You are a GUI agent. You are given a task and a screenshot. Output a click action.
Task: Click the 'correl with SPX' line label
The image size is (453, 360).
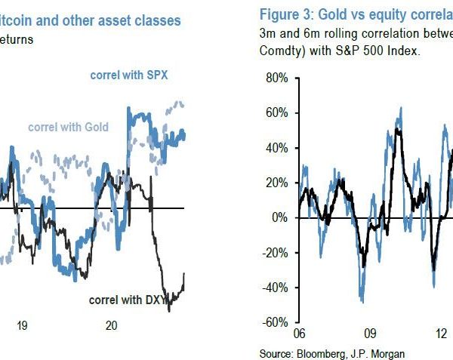pos(129,75)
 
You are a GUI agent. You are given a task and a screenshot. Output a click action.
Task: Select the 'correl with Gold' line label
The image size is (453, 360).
pos(68,127)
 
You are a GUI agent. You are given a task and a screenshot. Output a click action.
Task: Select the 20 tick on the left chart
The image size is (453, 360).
pos(111,325)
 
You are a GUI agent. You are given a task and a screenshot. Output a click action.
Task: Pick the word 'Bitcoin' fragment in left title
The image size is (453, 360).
pos(19,20)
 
